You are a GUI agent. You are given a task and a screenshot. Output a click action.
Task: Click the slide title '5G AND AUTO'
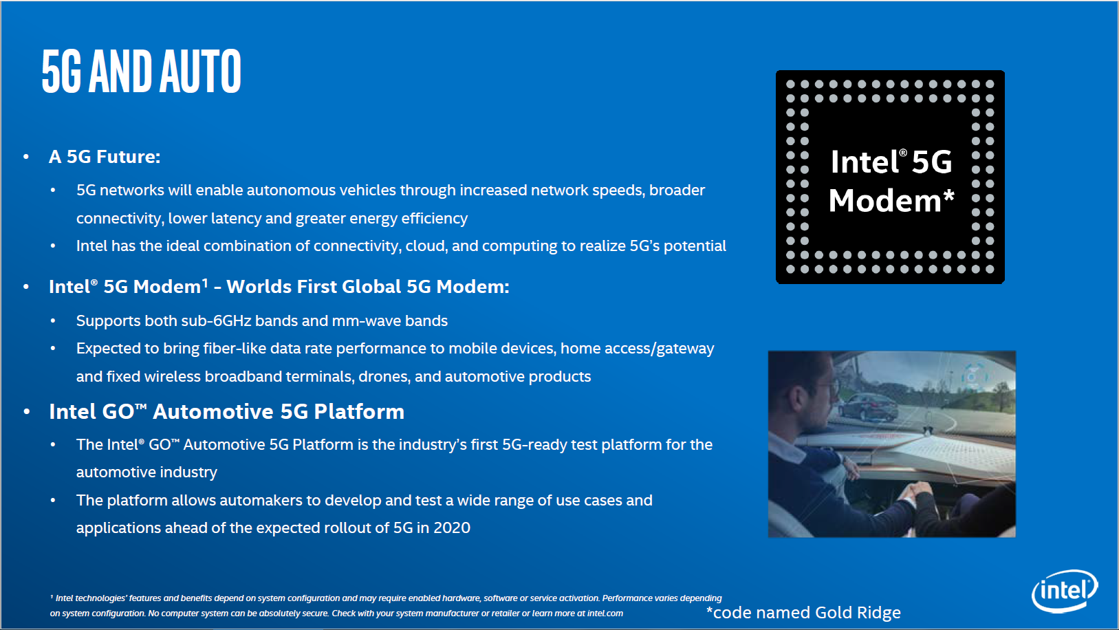pyautogui.click(x=141, y=71)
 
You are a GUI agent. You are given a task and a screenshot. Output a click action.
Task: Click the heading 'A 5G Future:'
pyautogui.click(x=105, y=157)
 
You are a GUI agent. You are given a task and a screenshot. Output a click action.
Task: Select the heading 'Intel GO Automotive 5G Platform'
pyautogui.click(x=226, y=411)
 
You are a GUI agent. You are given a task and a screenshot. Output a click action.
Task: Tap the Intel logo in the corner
pyautogui.click(x=1064, y=591)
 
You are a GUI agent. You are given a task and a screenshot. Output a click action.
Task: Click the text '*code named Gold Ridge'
pyautogui.click(x=803, y=612)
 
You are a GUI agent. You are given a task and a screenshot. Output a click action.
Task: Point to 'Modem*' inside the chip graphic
pyautogui.click(x=891, y=201)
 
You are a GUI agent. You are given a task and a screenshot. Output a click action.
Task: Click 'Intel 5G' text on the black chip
pyautogui.click(x=891, y=162)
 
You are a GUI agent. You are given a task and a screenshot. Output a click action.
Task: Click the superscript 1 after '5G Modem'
pyautogui.click(x=205, y=282)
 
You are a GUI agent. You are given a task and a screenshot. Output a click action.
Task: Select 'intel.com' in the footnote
pyautogui.click(x=605, y=613)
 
